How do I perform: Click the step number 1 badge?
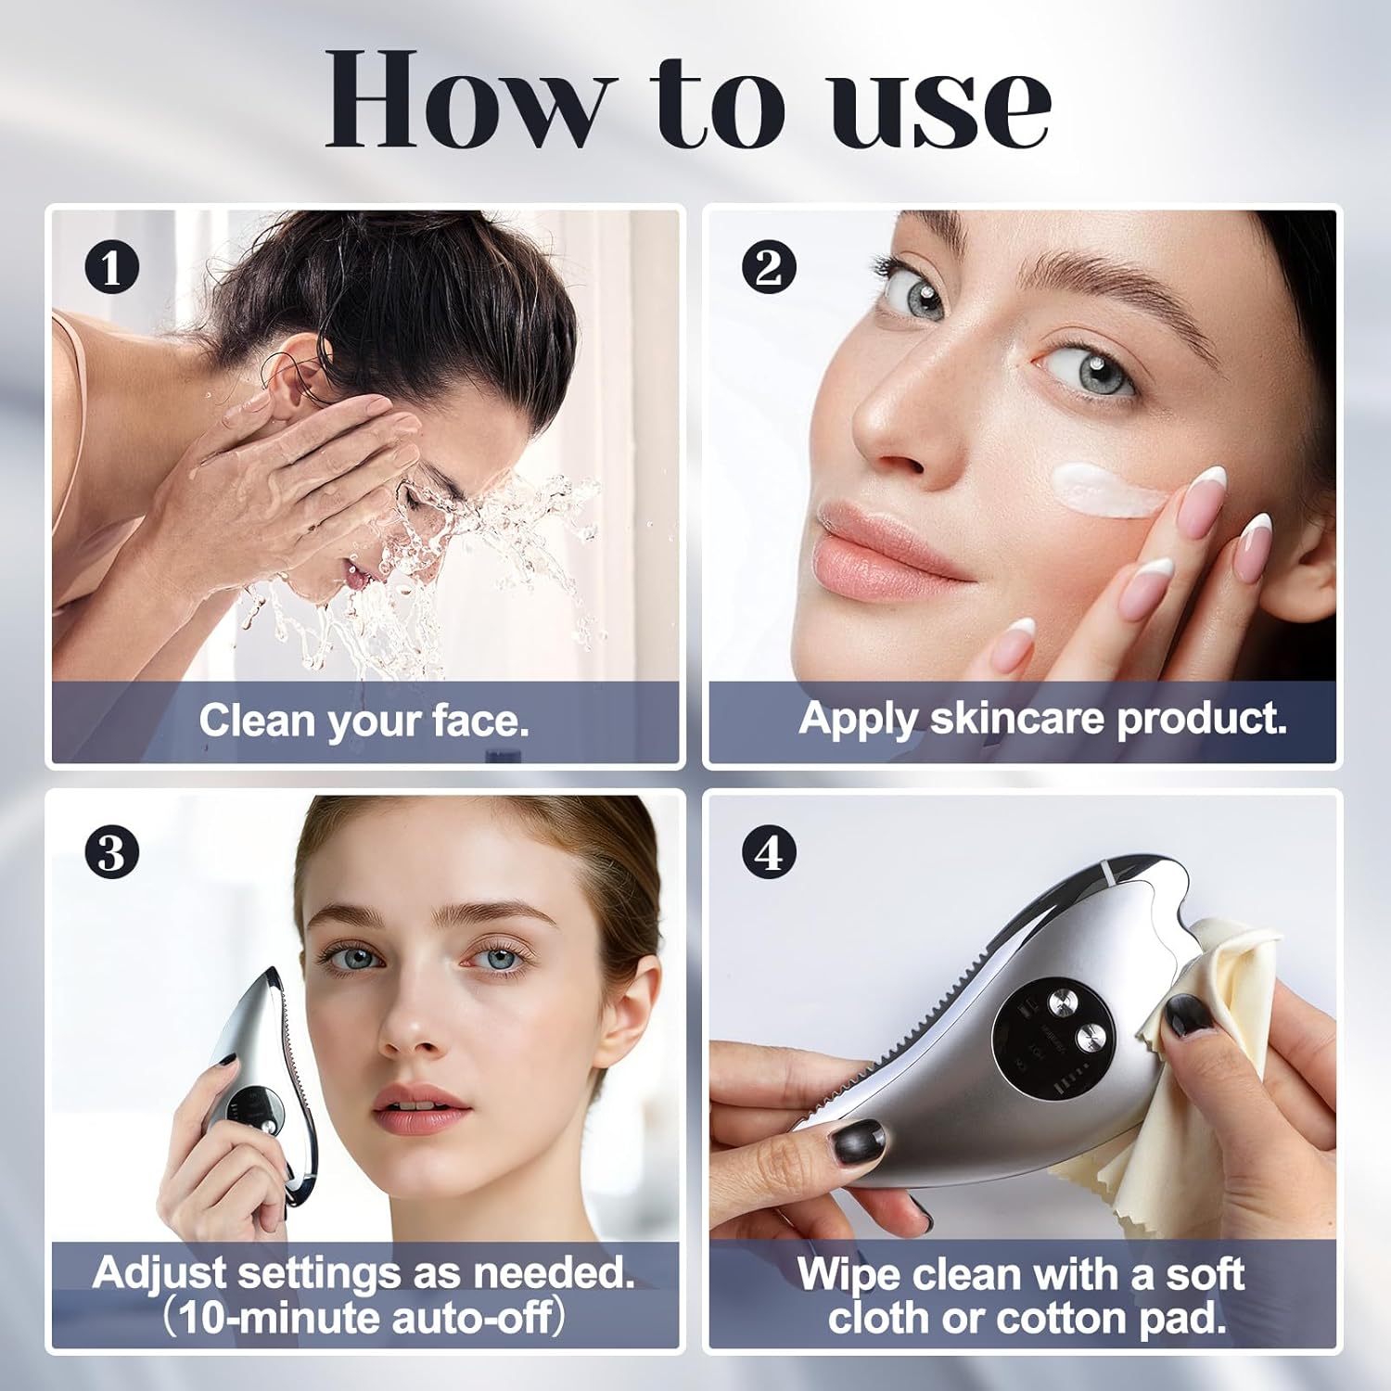(x=111, y=268)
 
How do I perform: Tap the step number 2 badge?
(x=769, y=268)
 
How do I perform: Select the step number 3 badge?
(x=111, y=851)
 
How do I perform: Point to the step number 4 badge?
(x=769, y=851)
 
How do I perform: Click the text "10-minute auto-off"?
(x=364, y=1317)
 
